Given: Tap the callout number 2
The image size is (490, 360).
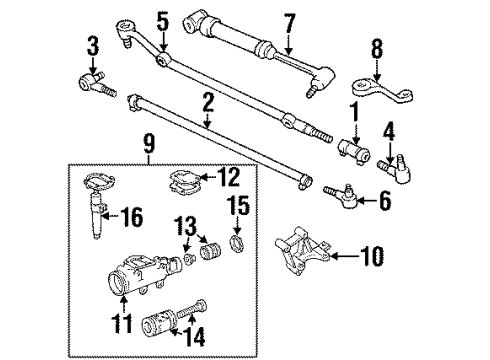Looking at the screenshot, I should (x=207, y=102).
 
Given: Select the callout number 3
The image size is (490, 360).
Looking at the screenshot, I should (x=93, y=45).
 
